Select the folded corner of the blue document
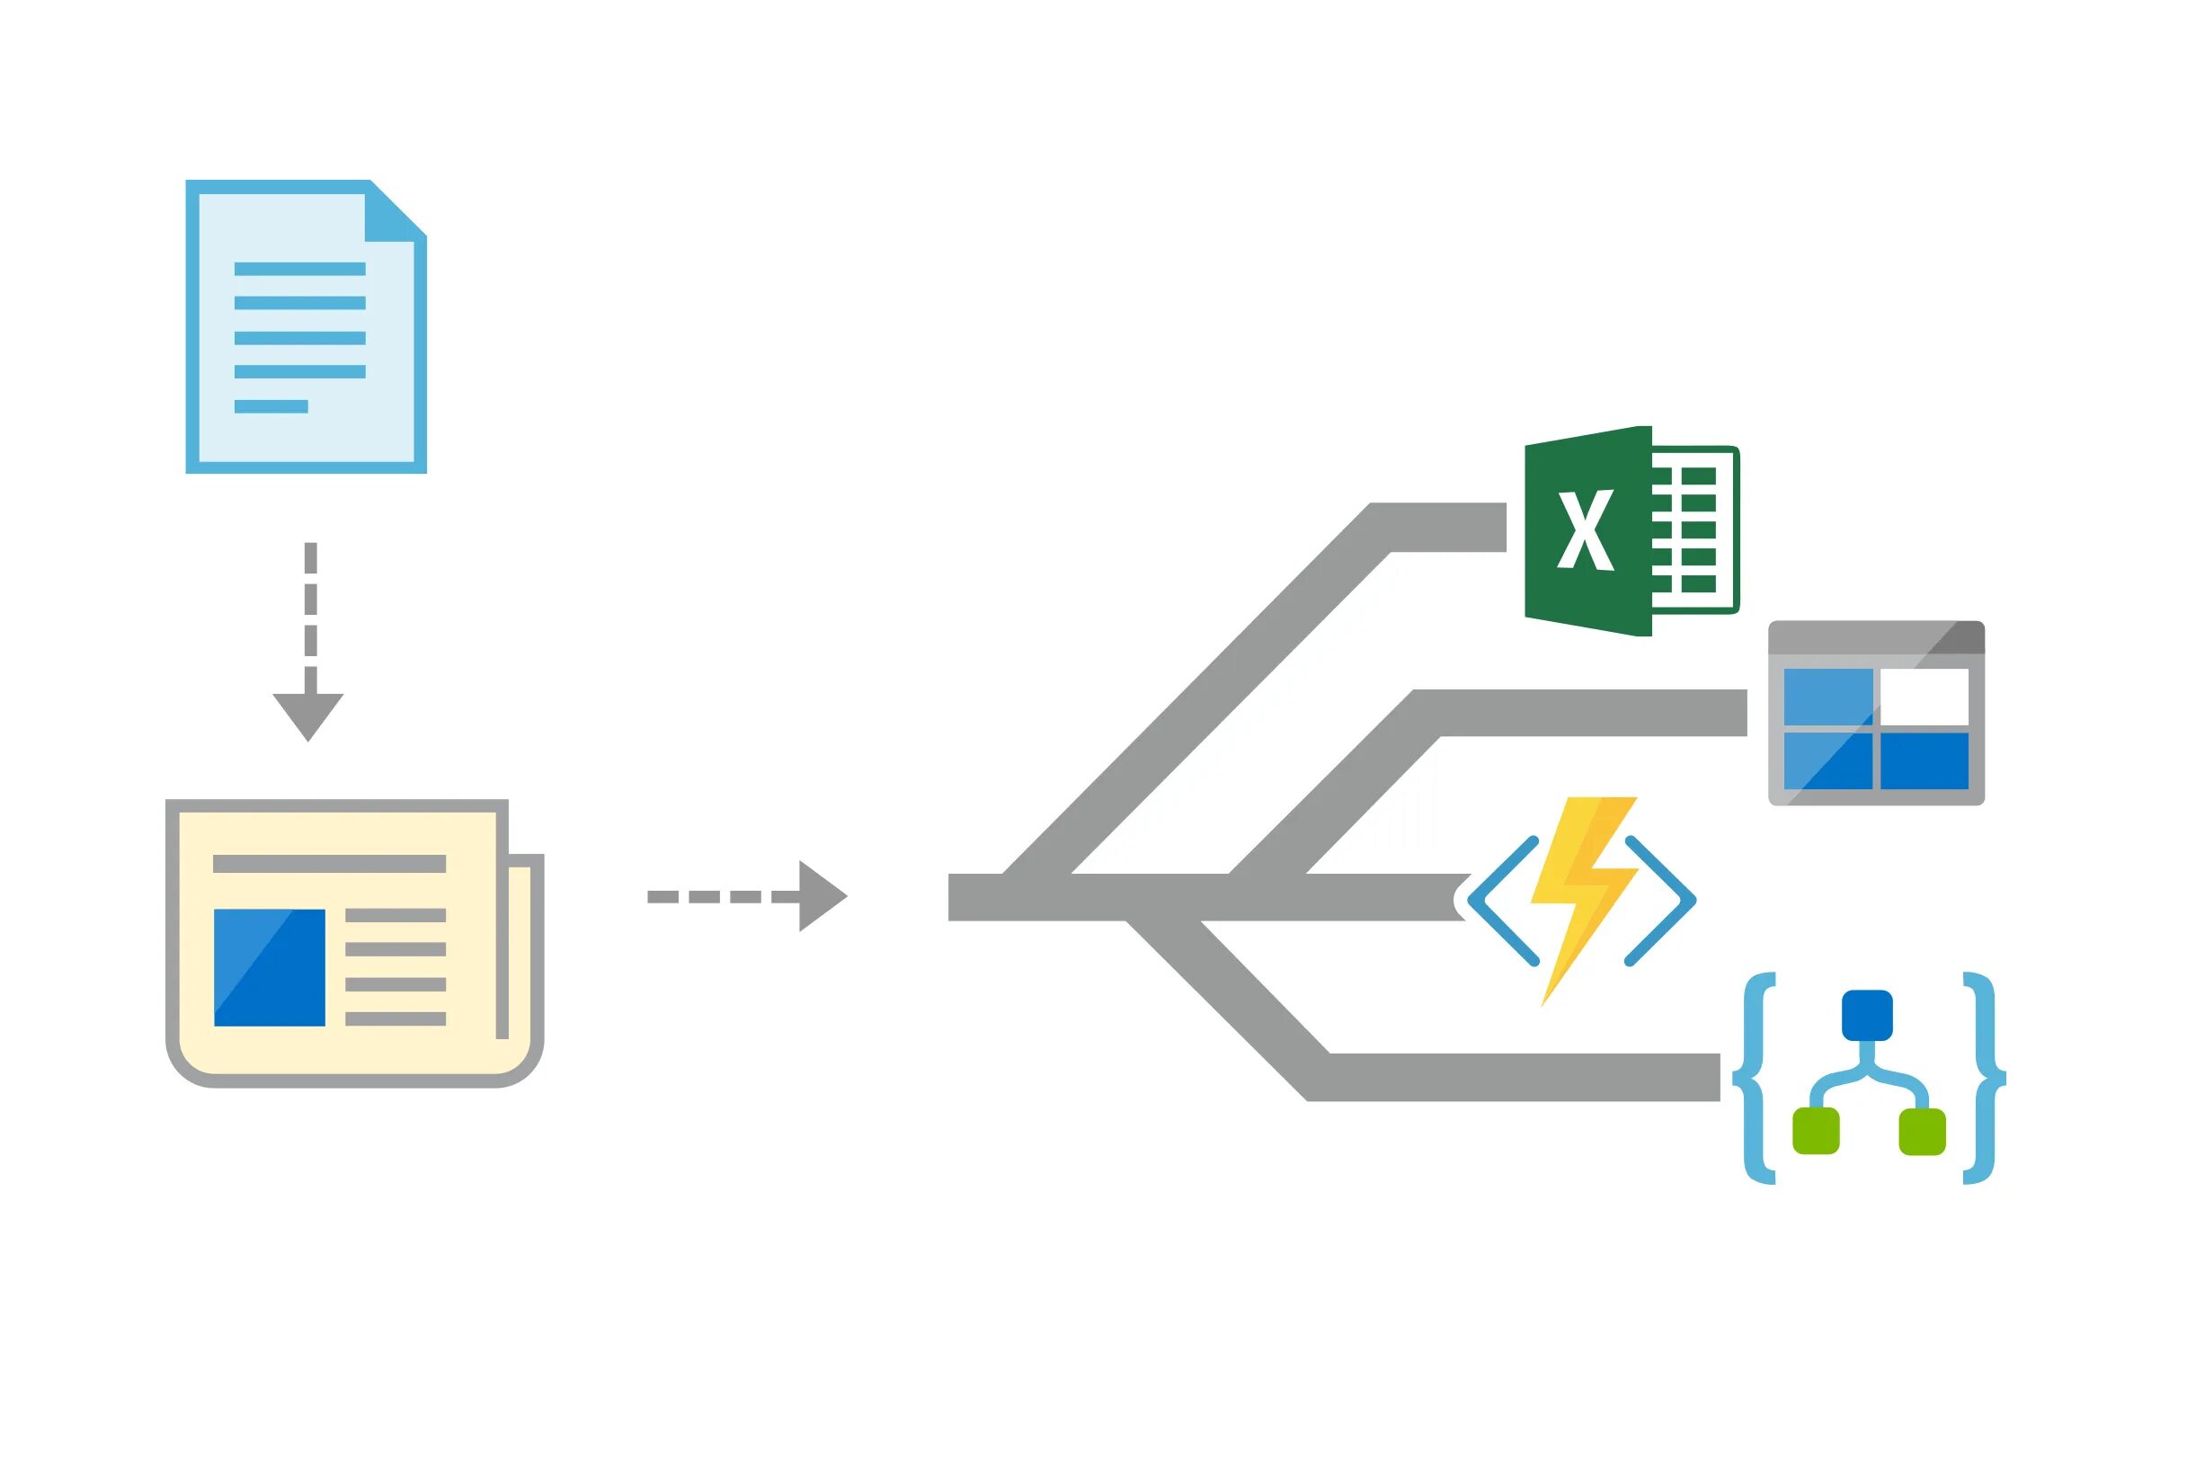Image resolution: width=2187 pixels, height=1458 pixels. (x=393, y=214)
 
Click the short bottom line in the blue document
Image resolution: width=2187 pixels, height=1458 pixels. (x=271, y=406)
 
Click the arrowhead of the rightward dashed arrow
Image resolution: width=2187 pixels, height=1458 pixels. (x=820, y=896)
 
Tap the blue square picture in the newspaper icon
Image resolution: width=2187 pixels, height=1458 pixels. (x=270, y=968)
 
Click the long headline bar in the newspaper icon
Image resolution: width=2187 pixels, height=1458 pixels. (x=329, y=864)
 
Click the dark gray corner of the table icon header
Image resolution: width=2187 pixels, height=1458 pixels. (x=1960, y=637)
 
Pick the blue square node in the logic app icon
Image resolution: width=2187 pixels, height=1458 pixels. (x=1867, y=1016)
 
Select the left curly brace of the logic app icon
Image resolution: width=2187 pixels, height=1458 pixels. (x=1755, y=1079)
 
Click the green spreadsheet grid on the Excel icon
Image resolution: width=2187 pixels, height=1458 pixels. (x=1694, y=530)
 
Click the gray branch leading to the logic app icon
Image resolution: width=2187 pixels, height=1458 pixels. (x=1525, y=1078)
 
